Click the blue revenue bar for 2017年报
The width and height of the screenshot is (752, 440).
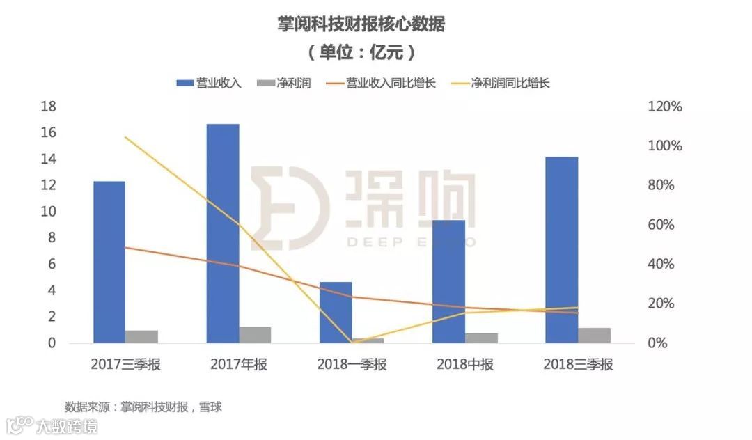pyautogui.click(x=223, y=233)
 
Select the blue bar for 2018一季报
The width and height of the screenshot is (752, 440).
pyautogui.click(x=336, y=312)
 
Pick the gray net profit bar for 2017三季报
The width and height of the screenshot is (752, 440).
pyautogui.click(x=141, y=336)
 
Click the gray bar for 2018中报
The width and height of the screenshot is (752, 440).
pyautogui.click(x=482, y=338)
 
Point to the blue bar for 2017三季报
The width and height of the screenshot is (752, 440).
pyautogui.click(x=109, y=262)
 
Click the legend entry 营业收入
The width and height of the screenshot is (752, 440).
pyautogui.click(x=209, y=83)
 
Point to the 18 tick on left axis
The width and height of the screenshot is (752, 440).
pyautogui.click(x=48, y=107)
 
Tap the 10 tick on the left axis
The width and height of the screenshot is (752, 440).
pyautogui.click(x=48, y=212)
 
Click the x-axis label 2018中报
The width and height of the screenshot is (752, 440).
pyautogui.click(x=465, y=364)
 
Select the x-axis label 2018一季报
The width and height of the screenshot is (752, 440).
pyautogui.click(x=352, y=364)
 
